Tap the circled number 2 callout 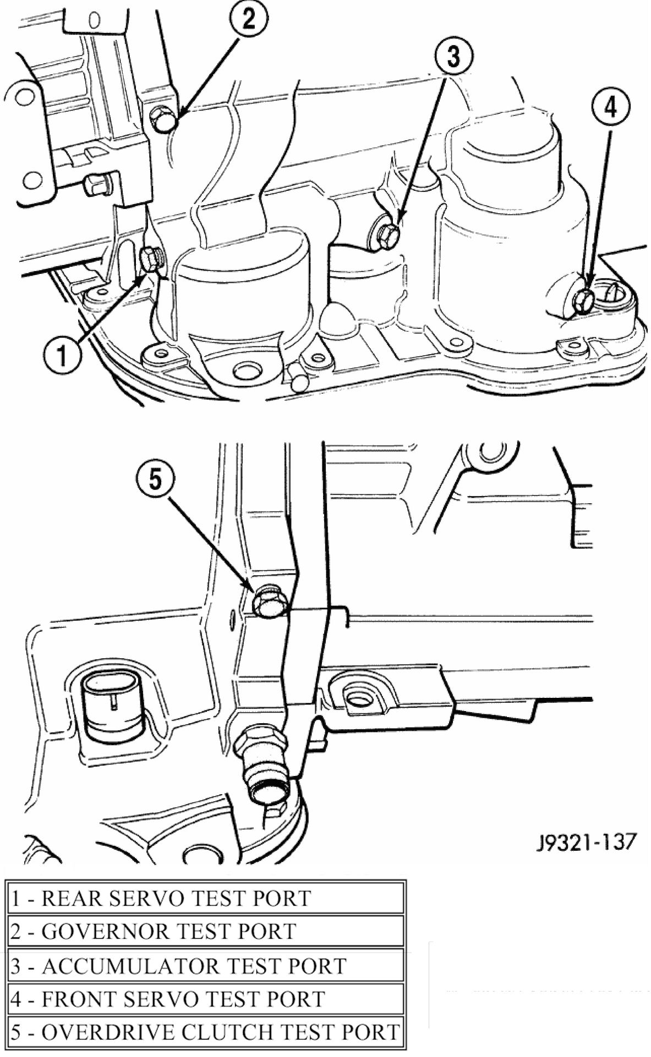[249, 19]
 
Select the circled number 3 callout [453, 57]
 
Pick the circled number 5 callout [156, 480]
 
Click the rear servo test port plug [150, 260]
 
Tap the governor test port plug [163, 119]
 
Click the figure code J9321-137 [586, 841]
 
